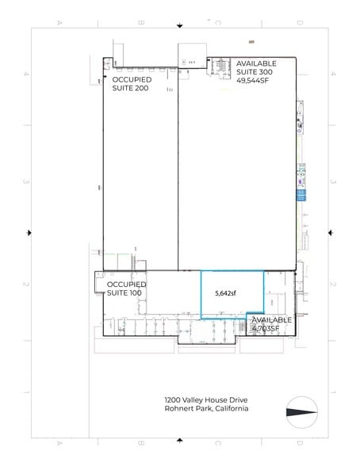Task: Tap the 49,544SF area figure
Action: pos(255,79)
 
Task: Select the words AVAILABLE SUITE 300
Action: pos(257,67)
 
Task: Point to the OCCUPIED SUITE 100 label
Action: pos(126,288)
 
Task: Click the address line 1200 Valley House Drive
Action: pos(201,399)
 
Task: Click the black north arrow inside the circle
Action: pos(301,411)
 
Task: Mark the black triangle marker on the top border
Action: pos(180,25)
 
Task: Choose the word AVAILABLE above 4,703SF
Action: pos(273,319)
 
